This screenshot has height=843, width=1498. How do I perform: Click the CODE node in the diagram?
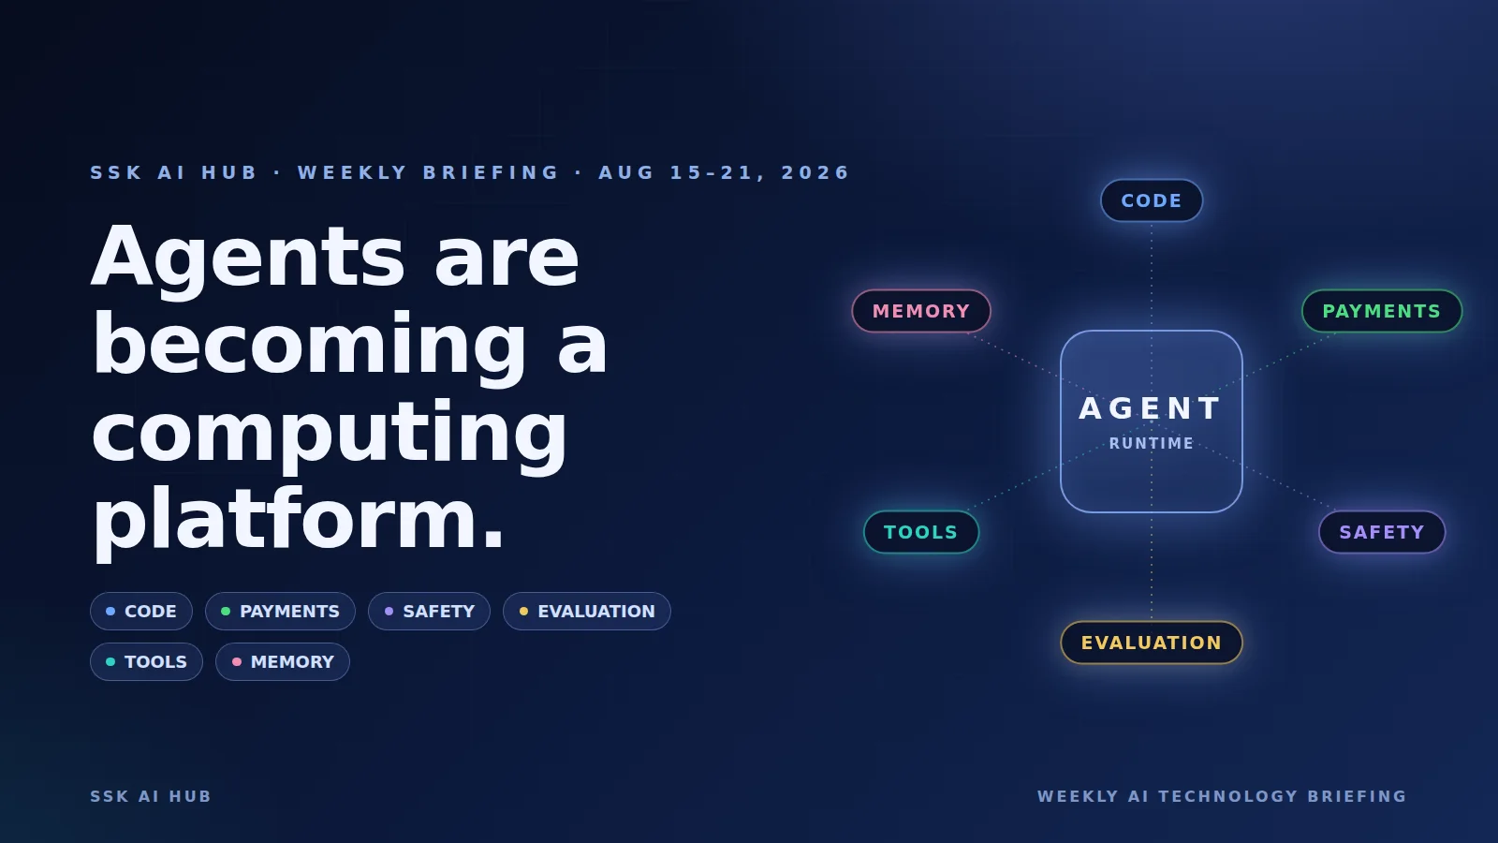coord(1151,200)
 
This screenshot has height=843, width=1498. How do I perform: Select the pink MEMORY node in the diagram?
coord(921,311)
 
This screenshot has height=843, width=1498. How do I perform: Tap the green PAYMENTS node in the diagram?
coord(1382,311)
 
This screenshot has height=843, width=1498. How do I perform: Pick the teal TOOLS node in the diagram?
coord(921,532)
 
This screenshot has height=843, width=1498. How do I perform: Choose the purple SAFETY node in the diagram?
coord(1382,532)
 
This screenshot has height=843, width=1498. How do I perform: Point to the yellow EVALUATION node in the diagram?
coord(1151,643)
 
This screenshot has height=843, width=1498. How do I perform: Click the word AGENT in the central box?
coord(1151,408)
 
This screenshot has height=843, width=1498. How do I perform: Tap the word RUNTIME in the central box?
coord(1151,443)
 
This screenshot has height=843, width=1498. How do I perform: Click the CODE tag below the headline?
coord(141,612)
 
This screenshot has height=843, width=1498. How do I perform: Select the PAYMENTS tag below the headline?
coord(280,612)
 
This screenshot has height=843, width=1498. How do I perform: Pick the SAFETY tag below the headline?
coord(430,612)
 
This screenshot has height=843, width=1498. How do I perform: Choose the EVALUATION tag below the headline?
coord(586,612)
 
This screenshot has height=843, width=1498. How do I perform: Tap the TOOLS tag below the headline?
coord(146,661)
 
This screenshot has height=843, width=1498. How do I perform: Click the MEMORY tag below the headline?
coord(283,661)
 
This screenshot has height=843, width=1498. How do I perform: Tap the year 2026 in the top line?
coord(815,172)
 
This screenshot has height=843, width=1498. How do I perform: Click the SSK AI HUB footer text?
coord(151,796)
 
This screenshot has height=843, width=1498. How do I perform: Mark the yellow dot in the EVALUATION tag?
coord(523,611)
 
